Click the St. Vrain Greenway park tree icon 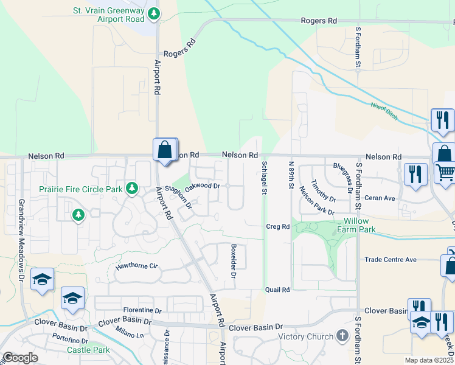[155, 12]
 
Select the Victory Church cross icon [342, 336]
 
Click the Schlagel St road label [265, 178]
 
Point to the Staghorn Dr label [178, 198]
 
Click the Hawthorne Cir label [137, 266]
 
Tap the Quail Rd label [277, 290]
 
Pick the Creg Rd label [277, 226]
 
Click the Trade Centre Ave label [391, 260]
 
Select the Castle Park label [88, 350]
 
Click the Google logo [21, 358]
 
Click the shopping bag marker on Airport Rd [165, 150]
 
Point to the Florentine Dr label [141, 310]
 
